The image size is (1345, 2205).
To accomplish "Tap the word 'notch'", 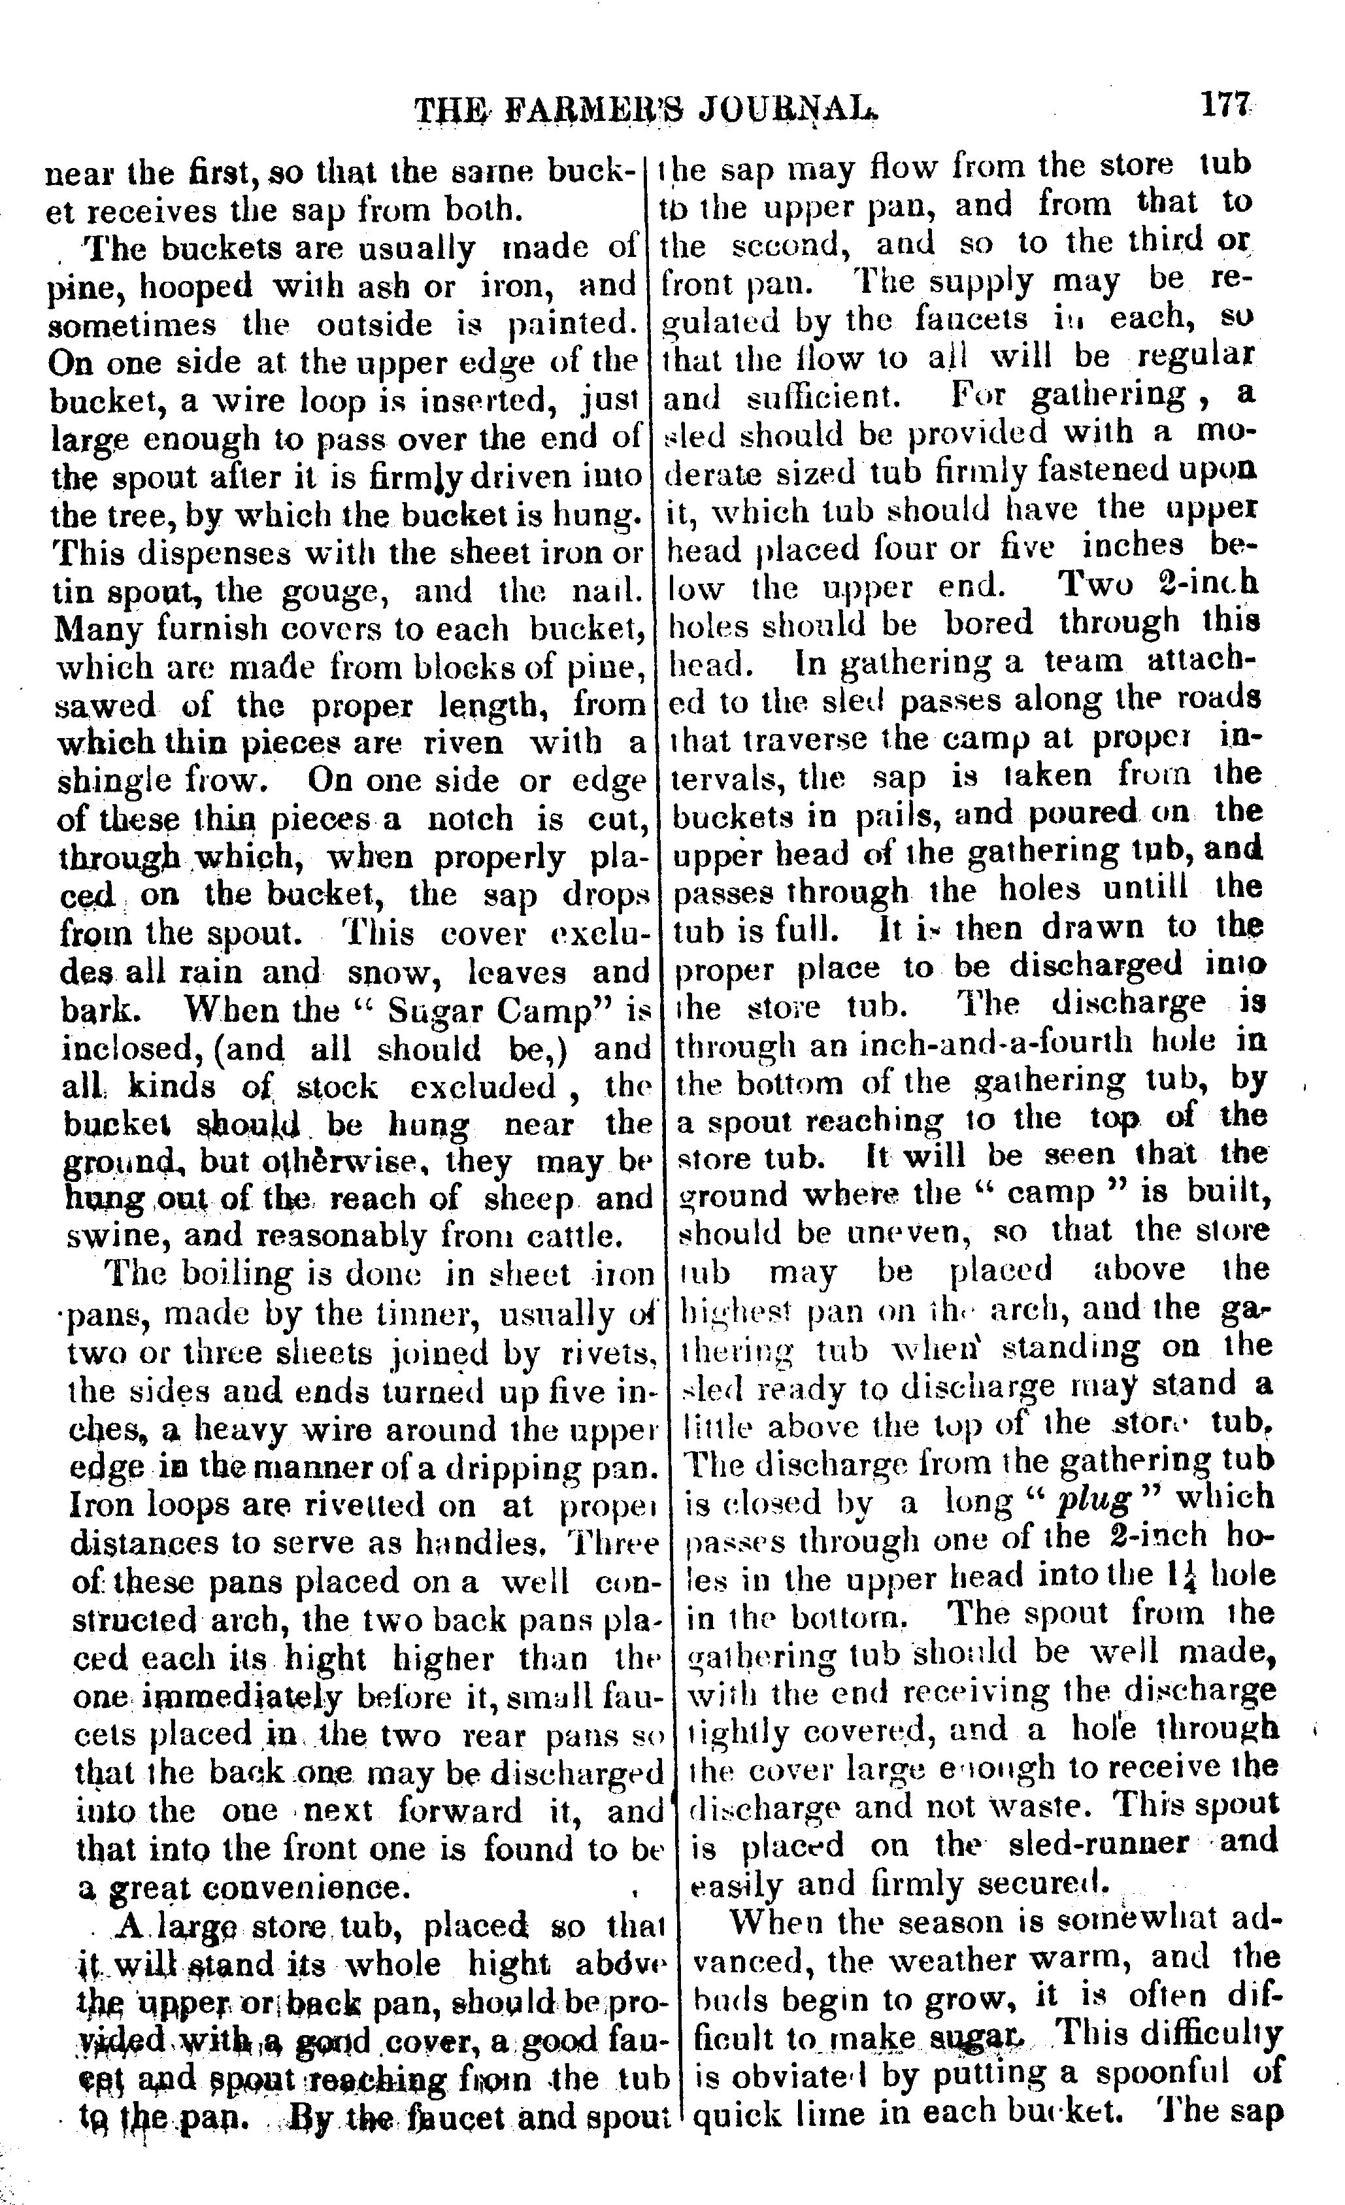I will (468, 820).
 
